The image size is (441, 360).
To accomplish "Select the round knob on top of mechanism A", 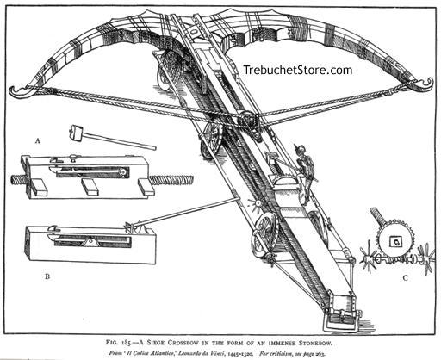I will tap(123, 171).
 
